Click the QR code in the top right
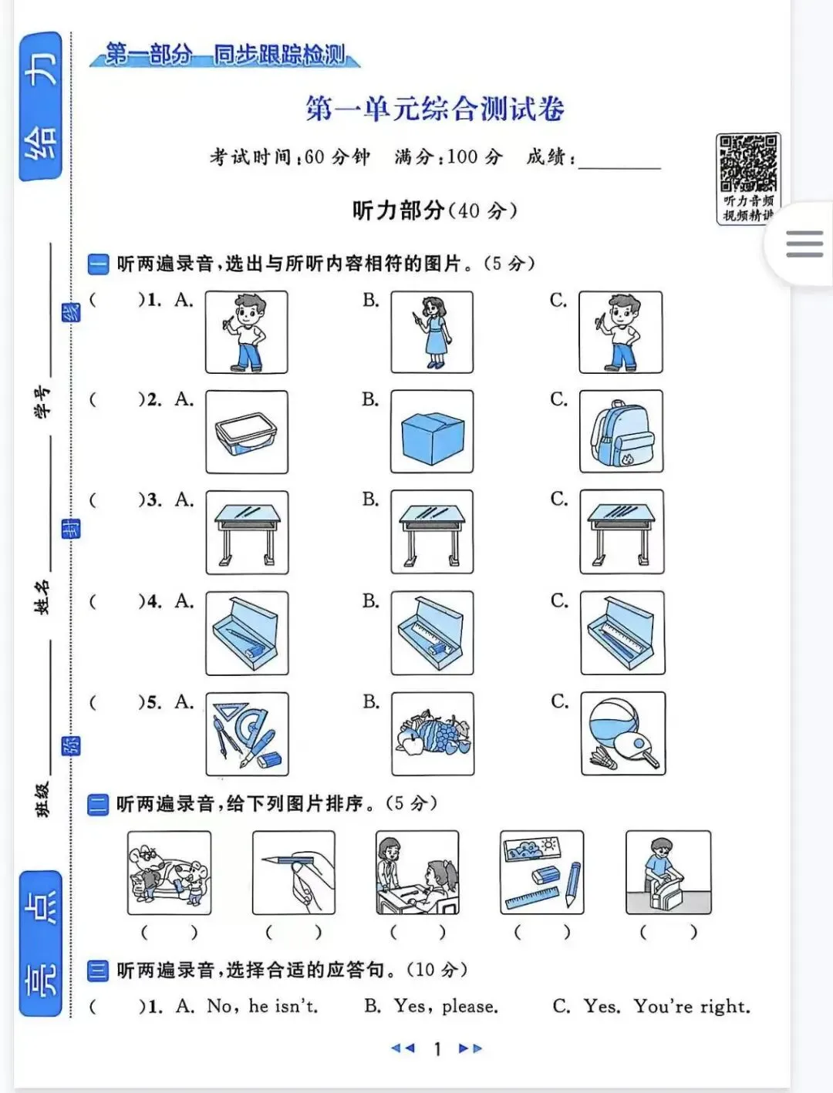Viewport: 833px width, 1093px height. [748, 164]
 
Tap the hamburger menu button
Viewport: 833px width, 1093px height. [804, 244]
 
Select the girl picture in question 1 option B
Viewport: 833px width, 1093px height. [432, 332]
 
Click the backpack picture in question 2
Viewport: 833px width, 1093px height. [621, 431]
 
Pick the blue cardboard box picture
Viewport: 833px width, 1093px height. [432, 431]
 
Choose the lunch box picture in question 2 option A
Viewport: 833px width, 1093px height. [247, 432]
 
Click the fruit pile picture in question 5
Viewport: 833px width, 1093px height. [433, 734]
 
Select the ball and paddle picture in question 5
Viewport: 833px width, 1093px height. [622, 733]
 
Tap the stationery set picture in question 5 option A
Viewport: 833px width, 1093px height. [247, 734]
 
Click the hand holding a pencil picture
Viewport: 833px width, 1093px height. [293, 873]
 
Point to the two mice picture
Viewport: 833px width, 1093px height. [169, 873]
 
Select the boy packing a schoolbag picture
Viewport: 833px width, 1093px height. [669, 873]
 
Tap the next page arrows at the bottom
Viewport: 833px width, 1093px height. [470, 1048]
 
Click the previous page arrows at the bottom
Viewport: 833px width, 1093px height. [403, 1048]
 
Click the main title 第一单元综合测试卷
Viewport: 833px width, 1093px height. [435, 109]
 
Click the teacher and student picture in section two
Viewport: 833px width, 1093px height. [417, 873]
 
